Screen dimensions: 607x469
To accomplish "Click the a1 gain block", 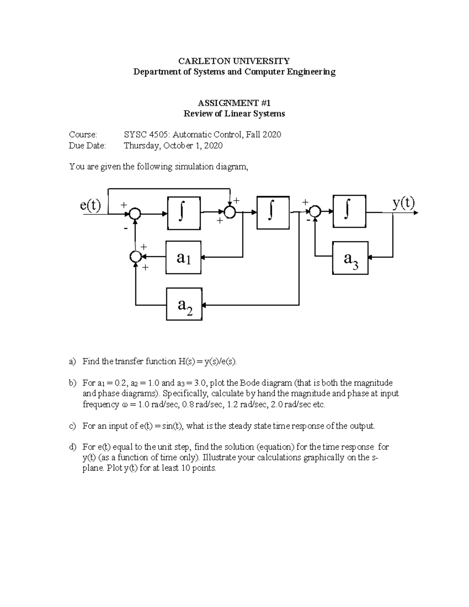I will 183,257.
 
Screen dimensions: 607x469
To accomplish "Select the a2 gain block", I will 184,304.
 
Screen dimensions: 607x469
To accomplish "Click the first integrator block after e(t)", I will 184,213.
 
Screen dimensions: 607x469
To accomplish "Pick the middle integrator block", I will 273,213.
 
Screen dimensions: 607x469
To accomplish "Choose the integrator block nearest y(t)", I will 349,211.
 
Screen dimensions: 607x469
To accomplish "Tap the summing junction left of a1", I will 135,257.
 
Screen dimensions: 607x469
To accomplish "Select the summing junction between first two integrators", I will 230,212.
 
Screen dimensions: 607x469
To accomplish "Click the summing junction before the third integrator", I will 315,212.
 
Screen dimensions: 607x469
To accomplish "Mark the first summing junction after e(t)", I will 135,213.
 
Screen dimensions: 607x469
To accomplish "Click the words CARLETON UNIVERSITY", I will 234,61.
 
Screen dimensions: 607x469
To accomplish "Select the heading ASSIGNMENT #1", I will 234,103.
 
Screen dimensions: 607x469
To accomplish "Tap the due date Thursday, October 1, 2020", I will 173,146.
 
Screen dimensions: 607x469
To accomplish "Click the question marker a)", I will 72,362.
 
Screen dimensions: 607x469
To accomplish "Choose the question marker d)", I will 72,447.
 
